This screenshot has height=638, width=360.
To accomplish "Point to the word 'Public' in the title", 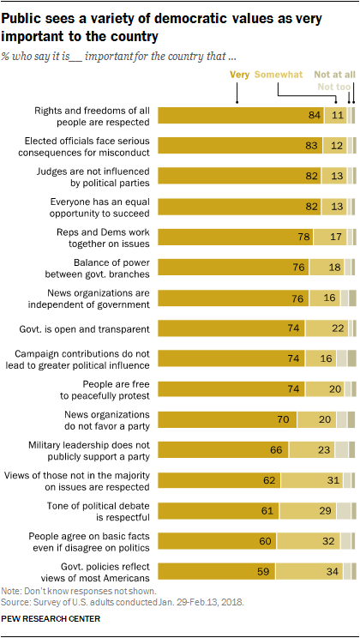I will (x=24, y=12).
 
